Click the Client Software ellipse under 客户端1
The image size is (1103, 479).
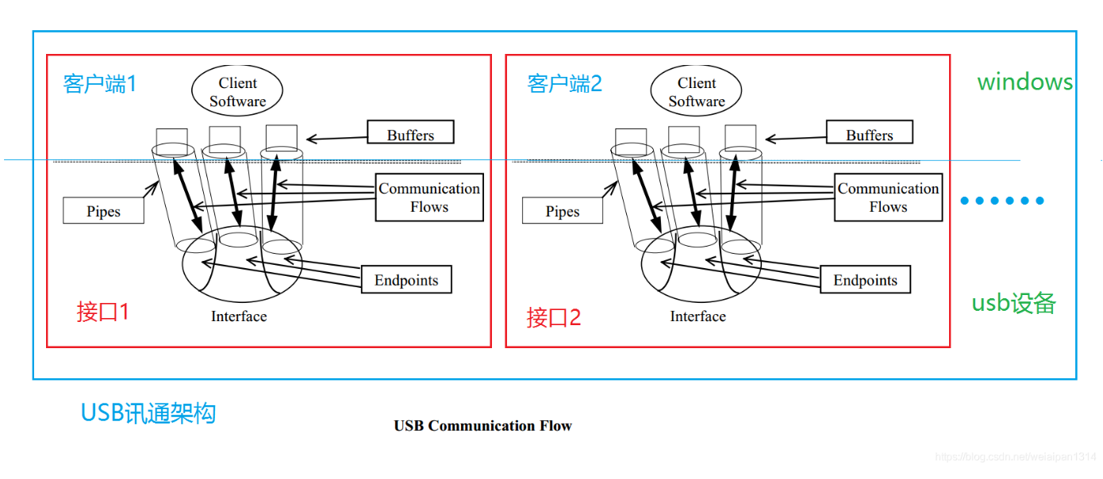point(238,93)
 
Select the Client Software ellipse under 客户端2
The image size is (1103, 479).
point(697,93)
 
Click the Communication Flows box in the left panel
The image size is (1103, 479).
point(429,197)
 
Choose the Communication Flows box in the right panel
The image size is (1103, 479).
point(888,197)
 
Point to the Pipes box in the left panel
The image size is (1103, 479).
point(103,211)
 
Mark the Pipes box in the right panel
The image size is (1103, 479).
point(562,211)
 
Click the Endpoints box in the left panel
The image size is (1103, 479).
point(406,280)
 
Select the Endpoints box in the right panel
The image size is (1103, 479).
point(865,280)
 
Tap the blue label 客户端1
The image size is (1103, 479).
point(100,83)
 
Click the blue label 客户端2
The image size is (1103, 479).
point(564,83)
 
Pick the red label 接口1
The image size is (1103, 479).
point(102,312)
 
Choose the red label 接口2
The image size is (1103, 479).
point(554,317)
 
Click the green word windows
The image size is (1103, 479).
point(1024,82)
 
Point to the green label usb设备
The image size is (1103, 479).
point(1013,303)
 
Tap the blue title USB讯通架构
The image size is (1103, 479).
point(148,412)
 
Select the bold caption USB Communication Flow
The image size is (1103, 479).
point(482,426)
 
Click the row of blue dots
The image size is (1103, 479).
point(1002,201)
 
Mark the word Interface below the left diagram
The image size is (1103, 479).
point(238,316)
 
